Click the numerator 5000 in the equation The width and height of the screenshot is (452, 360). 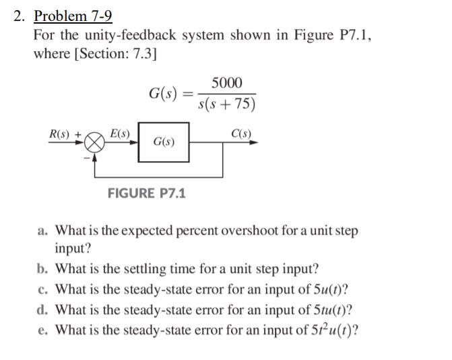(x=226, y=84)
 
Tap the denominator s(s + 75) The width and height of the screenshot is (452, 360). (x=228, y=105)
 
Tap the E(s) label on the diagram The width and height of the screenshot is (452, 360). (x=119, y=133)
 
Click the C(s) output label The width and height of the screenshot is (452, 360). (x=240, y=133)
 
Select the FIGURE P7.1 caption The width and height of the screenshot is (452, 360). (x=148, y=193)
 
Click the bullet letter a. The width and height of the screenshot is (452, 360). (x=42, y=231)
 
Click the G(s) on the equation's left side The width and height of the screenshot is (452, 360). (x=162, y=94)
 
